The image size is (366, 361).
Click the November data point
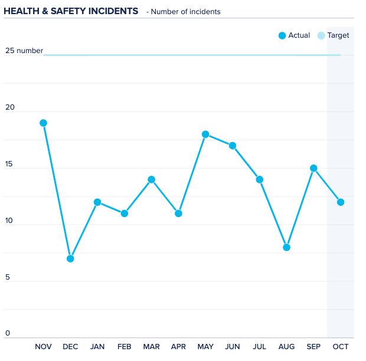[43, 123]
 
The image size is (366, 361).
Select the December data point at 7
[70, 258]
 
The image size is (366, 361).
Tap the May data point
[205, 134]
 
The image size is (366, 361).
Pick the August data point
[286, 247]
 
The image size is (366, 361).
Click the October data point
[341, 202]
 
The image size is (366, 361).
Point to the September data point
[313, 168]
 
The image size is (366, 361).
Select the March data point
[151, 179]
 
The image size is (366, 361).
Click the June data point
[233, 146]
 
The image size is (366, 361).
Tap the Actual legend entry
[294, 35]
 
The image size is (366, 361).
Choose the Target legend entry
[334, 35]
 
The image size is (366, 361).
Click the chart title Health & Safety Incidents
[71, 11]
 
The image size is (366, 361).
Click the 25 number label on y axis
[24, 51]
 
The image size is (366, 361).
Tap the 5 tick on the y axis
[8, 277]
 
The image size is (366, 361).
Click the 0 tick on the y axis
[8, 333]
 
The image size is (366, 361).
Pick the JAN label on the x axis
[97, 347]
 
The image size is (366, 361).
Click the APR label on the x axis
[178, 347]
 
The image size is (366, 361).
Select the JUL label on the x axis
[259, 347]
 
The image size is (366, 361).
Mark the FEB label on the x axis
[124, 347]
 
